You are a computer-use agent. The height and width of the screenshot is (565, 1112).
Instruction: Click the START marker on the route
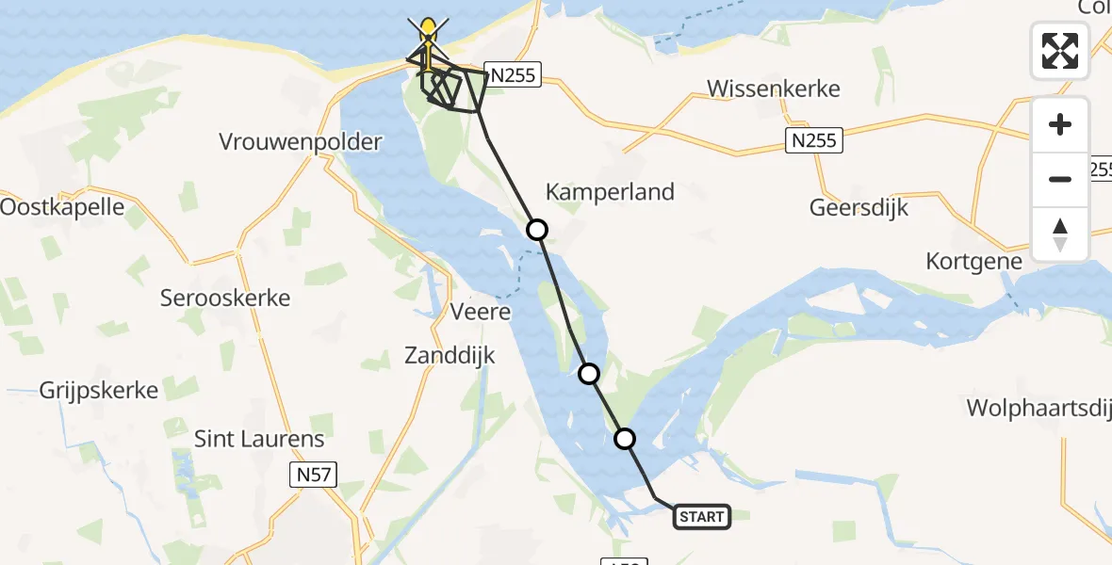(x=702, y=516)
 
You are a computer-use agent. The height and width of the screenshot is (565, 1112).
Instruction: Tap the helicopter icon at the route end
(x=429, y=38)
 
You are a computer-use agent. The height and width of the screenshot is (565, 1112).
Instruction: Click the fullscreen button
(x=1060, y=51)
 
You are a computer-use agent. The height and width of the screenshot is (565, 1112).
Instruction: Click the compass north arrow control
(x=1060, y=234)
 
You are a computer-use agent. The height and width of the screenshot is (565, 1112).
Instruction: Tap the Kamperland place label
(x=610, y=192)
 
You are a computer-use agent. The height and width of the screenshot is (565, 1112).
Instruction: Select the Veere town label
(x=481, y=311)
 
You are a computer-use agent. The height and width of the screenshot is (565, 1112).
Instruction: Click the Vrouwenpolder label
(x=301, y=142)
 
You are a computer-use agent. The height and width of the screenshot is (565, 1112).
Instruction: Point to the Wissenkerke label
(x=773, y=89)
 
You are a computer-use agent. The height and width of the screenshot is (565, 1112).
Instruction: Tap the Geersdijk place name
(x=859, y=208)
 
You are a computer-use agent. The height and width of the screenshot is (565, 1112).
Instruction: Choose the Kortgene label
(x=973, y=261)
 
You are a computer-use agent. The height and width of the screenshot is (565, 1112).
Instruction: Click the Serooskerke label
(x=224, y=299)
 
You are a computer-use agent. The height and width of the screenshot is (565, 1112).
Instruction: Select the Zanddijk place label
(x=450, y=355)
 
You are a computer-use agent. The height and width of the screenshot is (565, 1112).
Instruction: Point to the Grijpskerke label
(x=98, y=389)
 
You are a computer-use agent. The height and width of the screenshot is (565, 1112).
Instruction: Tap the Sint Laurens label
(x=258, y=438)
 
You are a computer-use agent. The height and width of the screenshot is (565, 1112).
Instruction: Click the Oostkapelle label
(x=62, y=206)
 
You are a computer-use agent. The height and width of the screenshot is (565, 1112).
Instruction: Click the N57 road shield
(x=313, y=475)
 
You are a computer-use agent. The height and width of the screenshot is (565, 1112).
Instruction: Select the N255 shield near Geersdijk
(x=813, y=141)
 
